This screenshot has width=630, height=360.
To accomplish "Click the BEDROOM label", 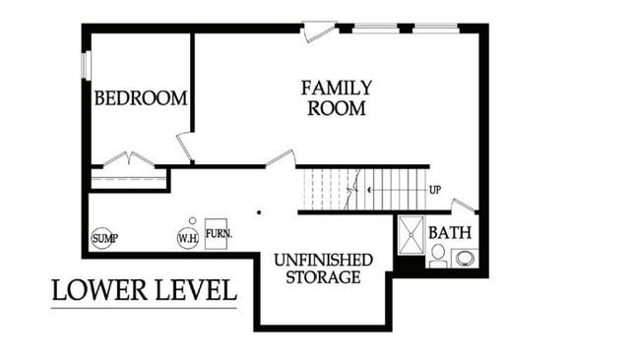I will [141, 98].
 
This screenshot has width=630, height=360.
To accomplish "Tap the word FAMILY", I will [337, 88].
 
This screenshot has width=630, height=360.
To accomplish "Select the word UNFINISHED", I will [323, 259].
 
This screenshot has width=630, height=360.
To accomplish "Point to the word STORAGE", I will [323, 277].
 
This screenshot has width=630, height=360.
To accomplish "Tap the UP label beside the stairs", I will [434, 188].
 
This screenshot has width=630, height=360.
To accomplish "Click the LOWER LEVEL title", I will [144, 291].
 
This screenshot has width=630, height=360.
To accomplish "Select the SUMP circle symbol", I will [102, 238].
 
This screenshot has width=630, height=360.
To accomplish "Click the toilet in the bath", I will [437, 255].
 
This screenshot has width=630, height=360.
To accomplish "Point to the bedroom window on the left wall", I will [86, 64].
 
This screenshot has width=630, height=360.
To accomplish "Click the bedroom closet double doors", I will [129, 160].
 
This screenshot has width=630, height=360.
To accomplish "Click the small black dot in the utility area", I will [258, 211].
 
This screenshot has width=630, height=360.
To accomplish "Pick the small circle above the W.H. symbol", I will [193, 221].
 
